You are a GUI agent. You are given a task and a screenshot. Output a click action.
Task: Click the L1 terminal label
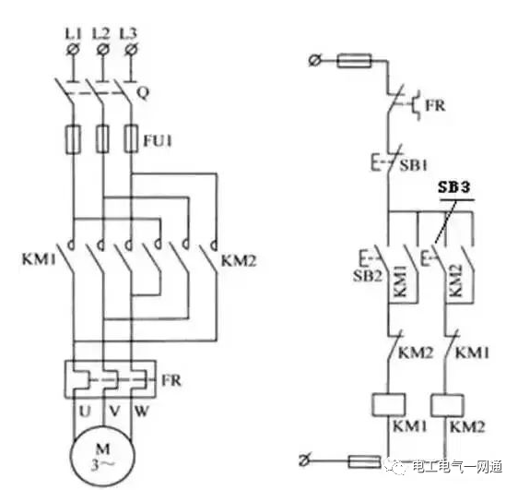(x=73, y=33)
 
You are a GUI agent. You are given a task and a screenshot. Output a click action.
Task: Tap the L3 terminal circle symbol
(x=131, y=50)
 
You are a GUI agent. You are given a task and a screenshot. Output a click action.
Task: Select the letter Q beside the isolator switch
(x=143, y=93)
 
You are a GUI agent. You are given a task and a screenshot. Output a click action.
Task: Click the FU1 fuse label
(x=158, y=141)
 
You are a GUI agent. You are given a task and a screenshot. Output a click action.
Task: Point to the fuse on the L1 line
(x=73, y=139)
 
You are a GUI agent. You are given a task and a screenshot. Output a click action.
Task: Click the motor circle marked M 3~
(x=102, y=456)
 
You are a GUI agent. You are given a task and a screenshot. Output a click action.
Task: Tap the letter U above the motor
(x=85, y=411)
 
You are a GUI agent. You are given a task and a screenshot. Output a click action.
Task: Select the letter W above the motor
(x=142, y=411)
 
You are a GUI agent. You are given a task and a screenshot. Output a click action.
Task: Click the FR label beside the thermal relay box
(x=171, y=380)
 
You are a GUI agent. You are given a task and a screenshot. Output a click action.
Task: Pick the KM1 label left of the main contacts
(x=39, y=259)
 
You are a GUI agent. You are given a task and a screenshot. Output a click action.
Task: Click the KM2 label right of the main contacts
(x=239, y=261)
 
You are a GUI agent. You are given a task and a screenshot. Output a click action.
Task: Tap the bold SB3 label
(x=453, y=187)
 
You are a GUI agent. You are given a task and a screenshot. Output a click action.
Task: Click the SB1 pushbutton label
(x=413, y=165)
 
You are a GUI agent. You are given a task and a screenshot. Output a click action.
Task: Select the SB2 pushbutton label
(x=368, y=275)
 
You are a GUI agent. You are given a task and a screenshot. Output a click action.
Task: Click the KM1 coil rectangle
(x=389, y=404)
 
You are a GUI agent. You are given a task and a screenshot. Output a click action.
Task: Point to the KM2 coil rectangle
(x=447, y=405)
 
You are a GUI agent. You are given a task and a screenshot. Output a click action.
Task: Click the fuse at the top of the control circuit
(x=354, y=61)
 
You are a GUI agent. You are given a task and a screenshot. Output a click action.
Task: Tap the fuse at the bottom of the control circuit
(x=365, y=461)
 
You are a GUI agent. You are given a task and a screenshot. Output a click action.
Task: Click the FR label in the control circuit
(x=435, y=106)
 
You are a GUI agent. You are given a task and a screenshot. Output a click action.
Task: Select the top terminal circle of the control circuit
(x=314, y=61)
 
